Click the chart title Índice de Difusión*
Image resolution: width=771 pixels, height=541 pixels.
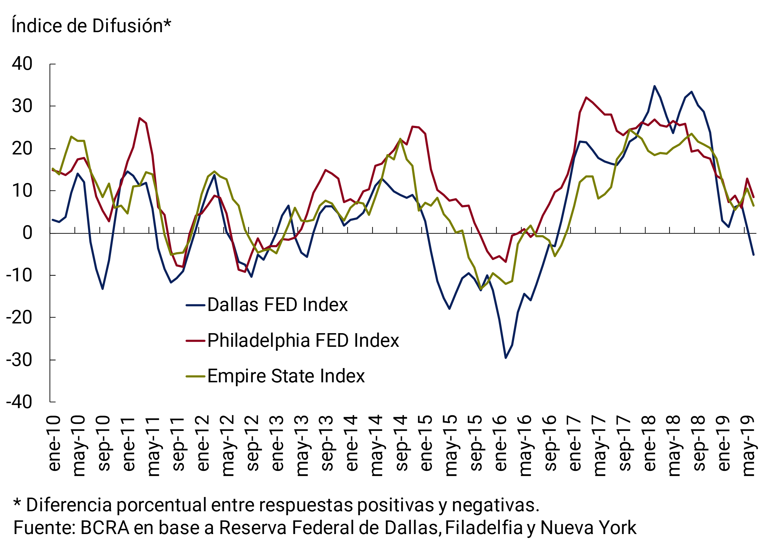91,26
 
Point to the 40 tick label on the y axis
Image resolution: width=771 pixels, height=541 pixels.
22,64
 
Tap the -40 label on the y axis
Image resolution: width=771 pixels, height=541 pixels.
19,402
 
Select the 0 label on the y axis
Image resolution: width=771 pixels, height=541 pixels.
28,233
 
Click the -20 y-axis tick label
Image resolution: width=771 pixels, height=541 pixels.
19,317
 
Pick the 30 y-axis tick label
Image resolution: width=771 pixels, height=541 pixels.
22,106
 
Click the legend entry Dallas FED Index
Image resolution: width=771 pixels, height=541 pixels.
277,305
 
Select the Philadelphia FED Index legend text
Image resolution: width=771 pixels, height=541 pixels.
303,340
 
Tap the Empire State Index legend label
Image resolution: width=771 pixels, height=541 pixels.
286,376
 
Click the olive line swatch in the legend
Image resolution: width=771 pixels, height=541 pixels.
195,376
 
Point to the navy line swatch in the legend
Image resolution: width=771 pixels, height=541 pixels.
195,305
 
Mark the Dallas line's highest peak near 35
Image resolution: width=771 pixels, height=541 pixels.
654,86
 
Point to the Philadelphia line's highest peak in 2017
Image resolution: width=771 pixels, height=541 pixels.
586,98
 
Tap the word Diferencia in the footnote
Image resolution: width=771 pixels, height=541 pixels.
69,505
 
